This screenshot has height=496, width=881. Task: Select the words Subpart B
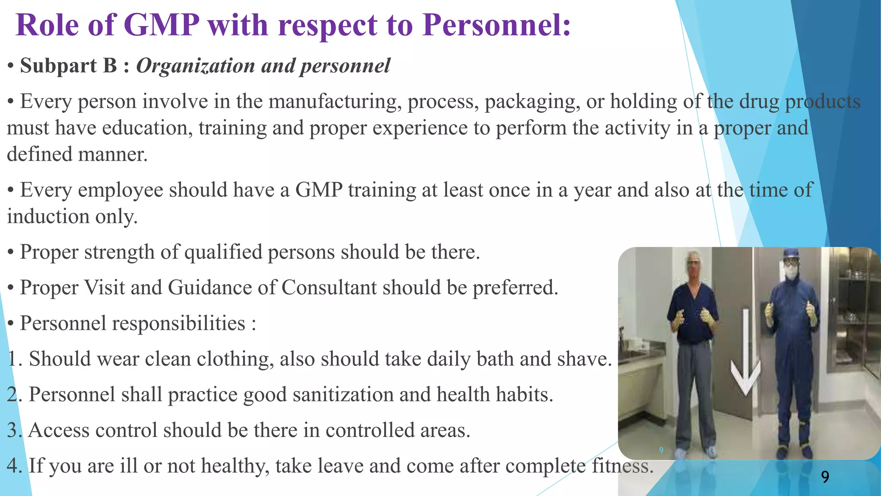[x=68, y=66]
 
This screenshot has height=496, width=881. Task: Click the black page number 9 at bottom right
[x=825, y=477]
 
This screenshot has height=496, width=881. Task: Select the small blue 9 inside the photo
[x=661, y=450]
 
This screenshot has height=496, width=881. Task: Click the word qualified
[x=223, y=252]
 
